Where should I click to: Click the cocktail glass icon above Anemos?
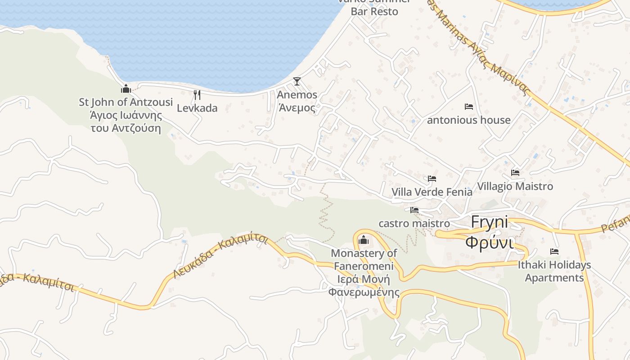click(x=297, y=81)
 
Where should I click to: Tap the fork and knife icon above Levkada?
click(x=197, y=94)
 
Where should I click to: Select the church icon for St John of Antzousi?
click(x=126, y=89)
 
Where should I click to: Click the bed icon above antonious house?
click(x=468, y=107)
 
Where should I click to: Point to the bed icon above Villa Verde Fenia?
click(x=432, y=179)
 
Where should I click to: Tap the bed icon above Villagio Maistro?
click(x=515, y=172)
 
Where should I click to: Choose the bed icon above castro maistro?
click(x=414, y=210)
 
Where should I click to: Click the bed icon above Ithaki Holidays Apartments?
click(x=554, y=252)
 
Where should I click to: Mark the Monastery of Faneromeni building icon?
click(x=364, y=240)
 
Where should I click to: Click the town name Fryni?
click(x=489, y=222)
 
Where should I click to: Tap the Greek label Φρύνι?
click(x=489, y=243)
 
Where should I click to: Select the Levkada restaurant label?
click(x=197, y=108)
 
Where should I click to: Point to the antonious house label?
click(x=468, y=120)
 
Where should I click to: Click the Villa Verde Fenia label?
click(x=432, y=192)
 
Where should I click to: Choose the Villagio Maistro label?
click(x=515, y=186)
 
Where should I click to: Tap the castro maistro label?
click(x=414, y=223)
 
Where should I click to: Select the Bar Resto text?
click(x=374, y=12)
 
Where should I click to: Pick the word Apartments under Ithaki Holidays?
click(x=554, y=278)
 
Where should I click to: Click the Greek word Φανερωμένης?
click(x=364, y=292)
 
